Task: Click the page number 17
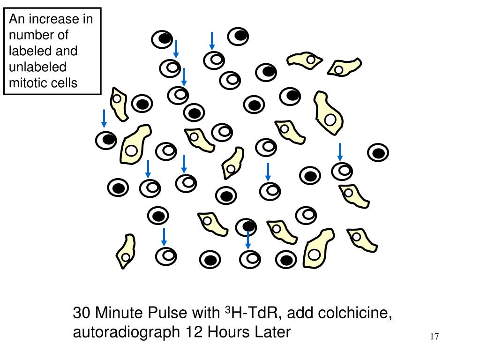(x=434, y=336)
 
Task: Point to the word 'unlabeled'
(x=38, y=67)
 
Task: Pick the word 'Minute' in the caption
(x=119, y=313)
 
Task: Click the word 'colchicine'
(x=356, y=313)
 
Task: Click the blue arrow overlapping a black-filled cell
(x=248, y=238)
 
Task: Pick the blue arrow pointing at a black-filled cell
(x=104, y=118)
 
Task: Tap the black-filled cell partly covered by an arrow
(x=246, y=227)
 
